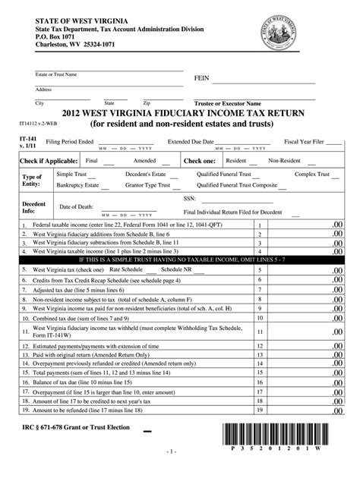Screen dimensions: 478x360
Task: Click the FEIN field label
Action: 201,78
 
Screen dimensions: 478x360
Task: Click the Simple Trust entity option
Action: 73,174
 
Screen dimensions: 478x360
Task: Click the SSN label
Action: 190,197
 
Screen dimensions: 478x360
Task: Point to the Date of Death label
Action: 77,206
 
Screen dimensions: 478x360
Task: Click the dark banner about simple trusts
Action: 181,259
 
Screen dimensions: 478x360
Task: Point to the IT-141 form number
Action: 27,140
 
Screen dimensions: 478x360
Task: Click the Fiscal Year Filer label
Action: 304,141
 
